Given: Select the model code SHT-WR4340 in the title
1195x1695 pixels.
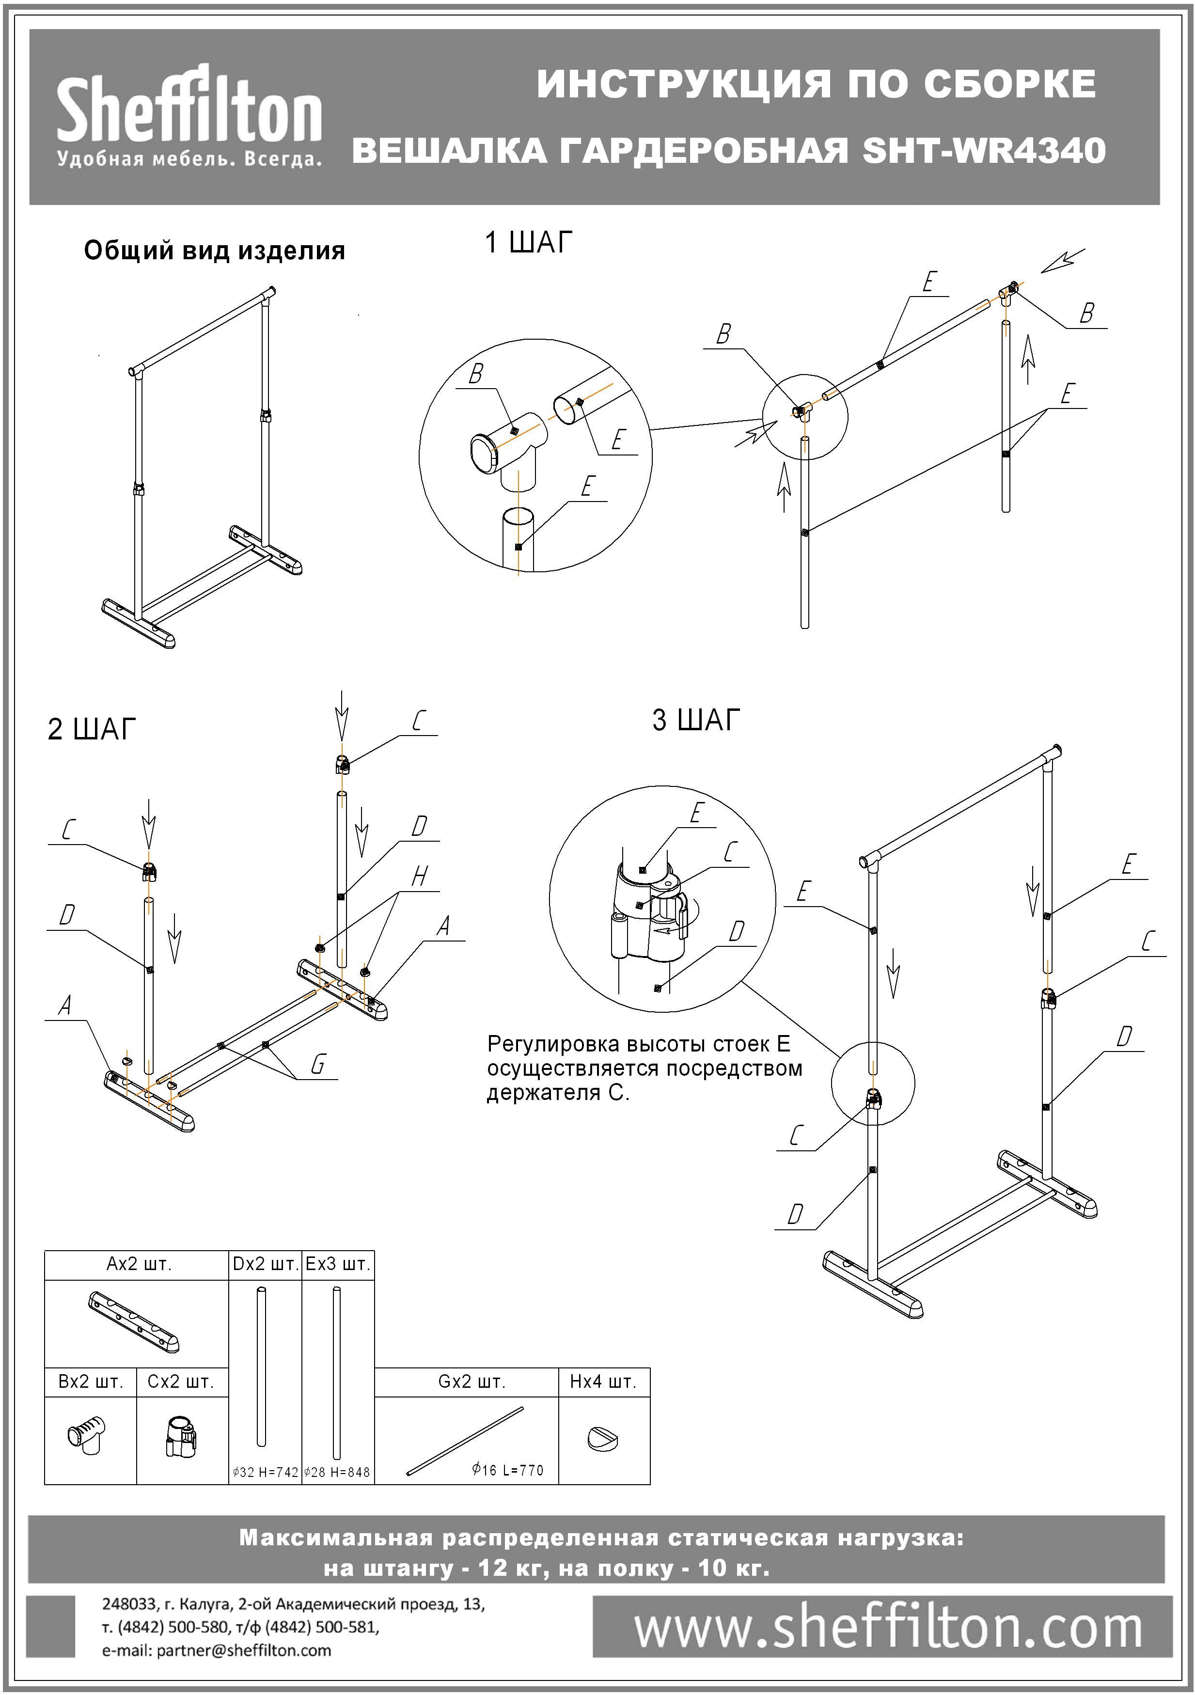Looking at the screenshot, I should pyautogui.click(x=984, y=151).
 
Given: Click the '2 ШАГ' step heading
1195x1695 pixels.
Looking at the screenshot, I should pyautogui.click(x=92, y=729).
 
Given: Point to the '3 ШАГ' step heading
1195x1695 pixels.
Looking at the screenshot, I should pyautogui.click(x=695, y=719).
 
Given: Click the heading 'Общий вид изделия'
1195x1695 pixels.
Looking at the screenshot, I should pyautogui.click(x=214, y=251).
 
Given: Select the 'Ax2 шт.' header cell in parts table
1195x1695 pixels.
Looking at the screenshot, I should pyautogui.click(x=139, y=1264).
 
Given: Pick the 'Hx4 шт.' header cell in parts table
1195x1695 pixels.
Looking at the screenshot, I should pyautogui.click(x=603, y=1381).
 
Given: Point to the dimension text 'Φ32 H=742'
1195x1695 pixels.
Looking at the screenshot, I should pyautogui.click(x=265, y=1472).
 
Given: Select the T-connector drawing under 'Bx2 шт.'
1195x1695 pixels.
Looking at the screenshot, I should pyautogui.click(x=86, y=1436).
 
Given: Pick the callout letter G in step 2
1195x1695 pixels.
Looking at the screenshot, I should pyautogui.click(x=318, y=1064).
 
